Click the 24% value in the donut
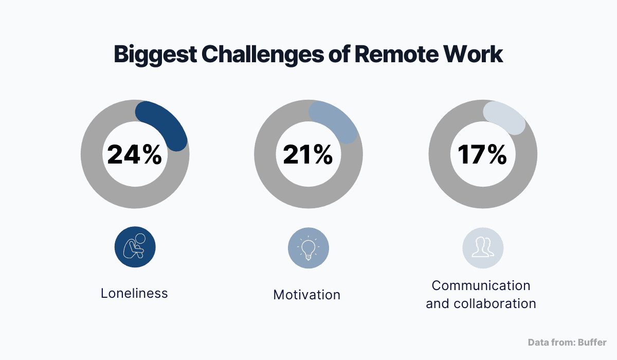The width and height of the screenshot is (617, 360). click(x=135, y=155)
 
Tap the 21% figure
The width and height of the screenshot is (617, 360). click(x=308, y=155)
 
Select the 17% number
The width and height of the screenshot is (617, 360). click(x=482, y=155)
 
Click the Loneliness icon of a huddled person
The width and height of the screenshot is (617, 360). click(x=135, y=247)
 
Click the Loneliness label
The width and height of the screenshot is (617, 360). click(x=134, y=293)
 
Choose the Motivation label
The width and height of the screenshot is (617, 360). click(x=307, y=295)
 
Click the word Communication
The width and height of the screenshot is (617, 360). click(x=481, y=285)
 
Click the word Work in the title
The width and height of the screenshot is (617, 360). click(x=474, y=54)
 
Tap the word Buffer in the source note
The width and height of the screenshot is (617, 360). click(x=593, y=342)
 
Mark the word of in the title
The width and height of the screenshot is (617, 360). click(x=339, y=54)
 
